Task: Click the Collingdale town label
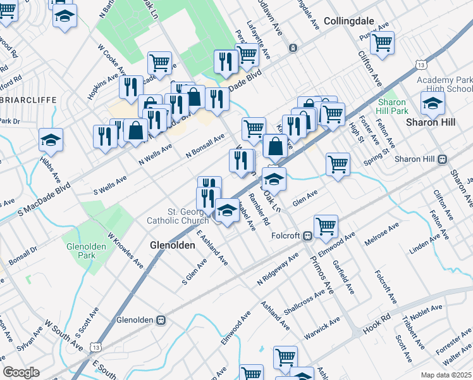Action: [x=346, y=21]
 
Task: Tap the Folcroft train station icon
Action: [x=307, y=236]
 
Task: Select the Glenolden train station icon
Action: [x=162, y=320]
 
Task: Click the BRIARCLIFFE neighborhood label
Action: [x=28, y=100]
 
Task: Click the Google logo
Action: [x=21, y=372]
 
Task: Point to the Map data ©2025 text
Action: [x=445, y=375]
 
